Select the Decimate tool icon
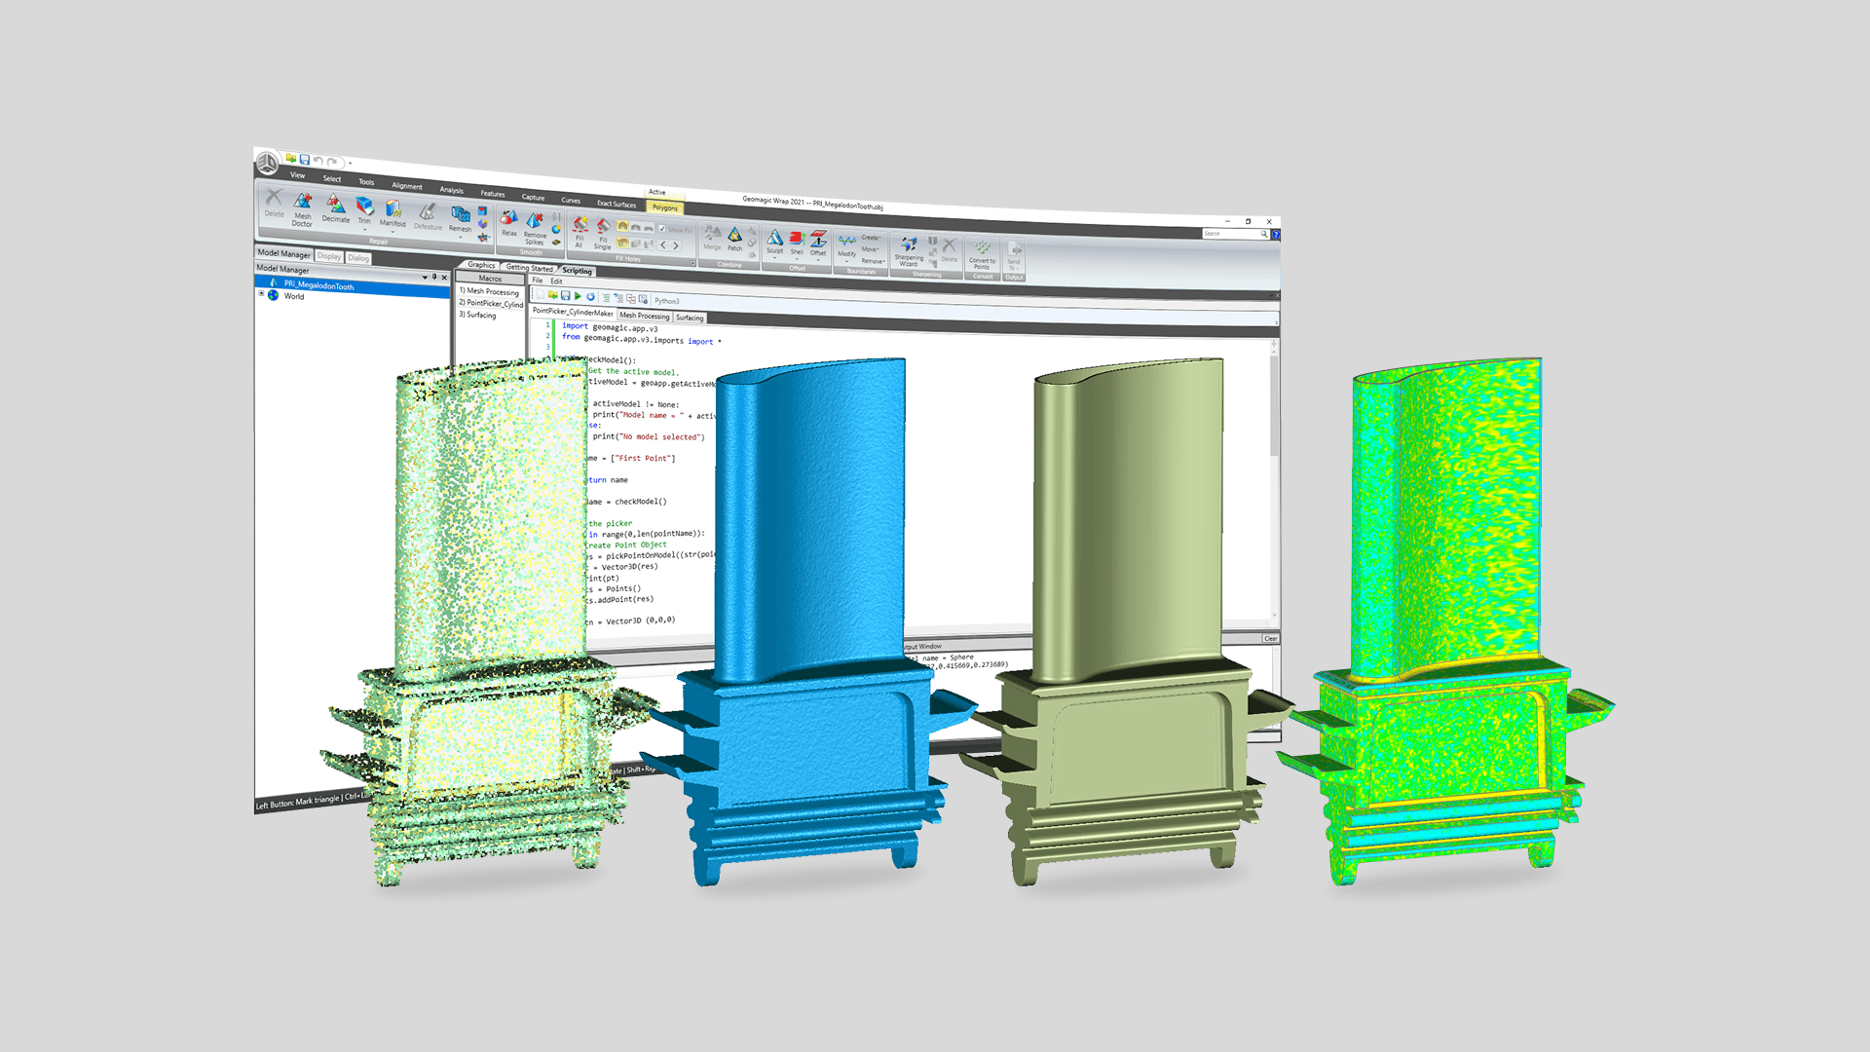(335, 208)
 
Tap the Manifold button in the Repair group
(393, 213)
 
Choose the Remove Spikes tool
(535, 228)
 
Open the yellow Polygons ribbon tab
(665, 207)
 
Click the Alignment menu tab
(407, 185)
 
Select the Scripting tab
(577, 271)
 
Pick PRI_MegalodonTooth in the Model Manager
(318, 285)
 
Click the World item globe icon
(274, 295)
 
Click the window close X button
(1269, 222)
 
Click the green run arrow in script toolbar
(578, 295)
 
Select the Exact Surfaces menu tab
(616, 204)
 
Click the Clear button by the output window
(1270, 639)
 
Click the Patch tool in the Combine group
(734, 239)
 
